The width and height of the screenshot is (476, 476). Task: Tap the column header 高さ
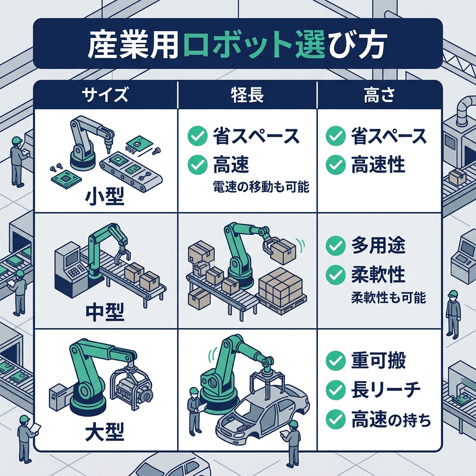point(379,95)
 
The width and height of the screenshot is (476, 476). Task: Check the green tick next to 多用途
point(335,246)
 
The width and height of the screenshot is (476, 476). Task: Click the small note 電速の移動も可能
point(262,187)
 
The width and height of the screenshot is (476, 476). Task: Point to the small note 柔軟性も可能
point(388,298)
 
